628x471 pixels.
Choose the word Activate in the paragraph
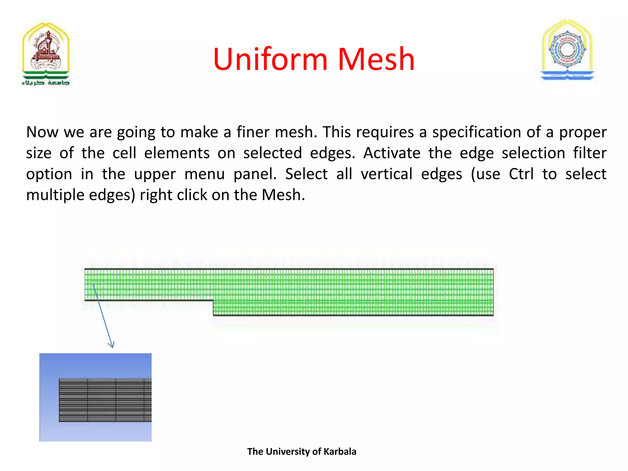[x=392, y=153]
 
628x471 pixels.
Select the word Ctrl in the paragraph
[x=521, y=174]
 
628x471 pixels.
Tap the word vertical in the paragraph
[x=386, y=174]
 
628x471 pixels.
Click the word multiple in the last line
[x=51, y=195]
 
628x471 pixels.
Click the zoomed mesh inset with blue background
[x=95, y=397]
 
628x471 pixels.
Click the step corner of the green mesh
[x=213, y=301]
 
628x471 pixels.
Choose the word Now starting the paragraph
[x=42, y=132]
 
